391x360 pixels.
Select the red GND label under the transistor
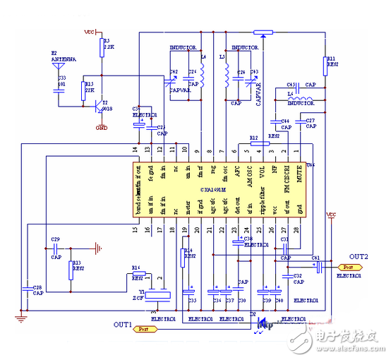click(103, 128)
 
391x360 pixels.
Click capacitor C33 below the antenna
click(56, 88)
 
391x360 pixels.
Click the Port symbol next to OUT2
click(347, 268)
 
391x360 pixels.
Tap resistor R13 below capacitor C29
click(69, 270)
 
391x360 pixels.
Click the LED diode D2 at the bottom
click(262, 325)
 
